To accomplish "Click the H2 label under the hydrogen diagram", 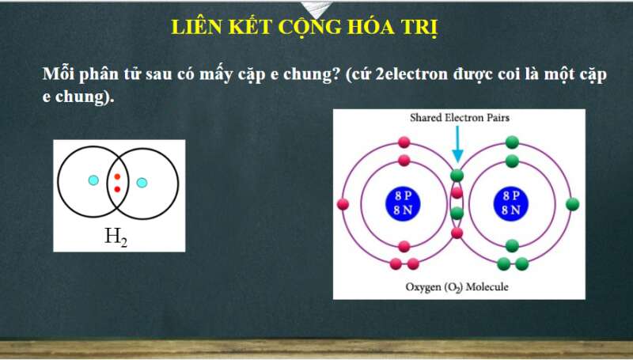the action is [116, 237].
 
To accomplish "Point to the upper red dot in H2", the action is [117, 176].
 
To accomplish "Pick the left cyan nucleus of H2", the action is [93, 180].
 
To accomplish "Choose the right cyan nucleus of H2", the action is [142, 183].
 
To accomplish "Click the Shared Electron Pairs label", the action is [460, 118].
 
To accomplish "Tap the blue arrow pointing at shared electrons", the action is [457, 144].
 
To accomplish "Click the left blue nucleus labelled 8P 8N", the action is [403, 203].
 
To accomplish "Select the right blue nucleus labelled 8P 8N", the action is [511, 203].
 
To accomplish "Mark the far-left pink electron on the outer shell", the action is [343, 204].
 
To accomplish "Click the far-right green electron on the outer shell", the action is [572, 204].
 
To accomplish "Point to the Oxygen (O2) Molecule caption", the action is [457, 287].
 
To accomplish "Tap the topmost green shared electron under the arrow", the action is [457, 176].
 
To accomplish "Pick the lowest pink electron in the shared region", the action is [457, 233].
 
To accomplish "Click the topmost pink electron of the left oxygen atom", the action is [404, 142].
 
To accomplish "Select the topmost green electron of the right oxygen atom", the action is [512, 142].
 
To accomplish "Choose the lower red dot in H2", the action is [117, 189].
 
